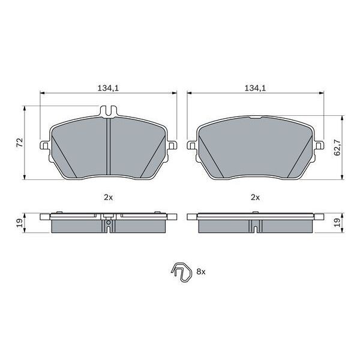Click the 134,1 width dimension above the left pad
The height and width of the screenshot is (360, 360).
click(109, 88)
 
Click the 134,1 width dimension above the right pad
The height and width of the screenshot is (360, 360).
click(255, 88)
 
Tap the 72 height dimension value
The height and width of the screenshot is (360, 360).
click(19, 142)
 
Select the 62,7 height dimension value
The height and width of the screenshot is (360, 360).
click(337, 148)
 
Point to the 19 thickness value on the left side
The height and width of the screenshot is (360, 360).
click(19, 223)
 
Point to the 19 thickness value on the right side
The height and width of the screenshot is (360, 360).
click(337, 223)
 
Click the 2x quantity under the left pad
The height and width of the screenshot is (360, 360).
click(108, 197)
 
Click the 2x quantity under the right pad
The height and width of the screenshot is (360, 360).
click(255, 197)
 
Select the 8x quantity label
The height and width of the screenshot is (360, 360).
click(200, 272)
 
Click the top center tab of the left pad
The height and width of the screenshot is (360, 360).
click(108, 112)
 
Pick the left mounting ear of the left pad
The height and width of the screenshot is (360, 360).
click(44, 145)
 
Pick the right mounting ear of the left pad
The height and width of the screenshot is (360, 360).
click(172, 145)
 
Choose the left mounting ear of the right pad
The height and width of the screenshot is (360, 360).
click(191, 145)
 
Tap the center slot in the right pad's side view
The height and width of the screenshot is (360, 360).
click(255, 227)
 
